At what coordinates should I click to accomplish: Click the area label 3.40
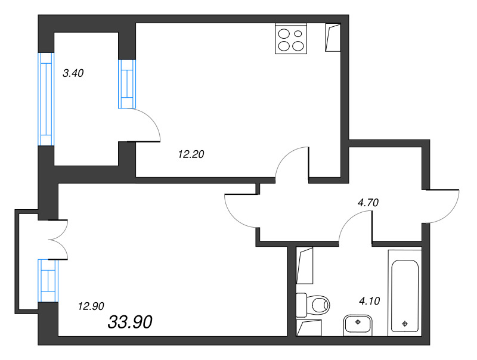[x=73, y=73]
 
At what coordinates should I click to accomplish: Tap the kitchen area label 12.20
[x=191, y=154]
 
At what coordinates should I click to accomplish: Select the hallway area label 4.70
[x=368, y=203]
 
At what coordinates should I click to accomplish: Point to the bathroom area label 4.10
[x=370, y=301]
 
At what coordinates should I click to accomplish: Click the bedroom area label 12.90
[x=91, y=306]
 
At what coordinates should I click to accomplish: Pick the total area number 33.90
[x=130, y=322]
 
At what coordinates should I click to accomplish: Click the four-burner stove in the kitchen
[x=291, y=39]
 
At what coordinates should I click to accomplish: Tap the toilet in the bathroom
[x=312, y=305]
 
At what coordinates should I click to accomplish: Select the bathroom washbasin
[x=358, y=325]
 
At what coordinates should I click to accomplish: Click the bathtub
[x=405, y=293]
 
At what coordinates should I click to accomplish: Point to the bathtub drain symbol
[x=405, y=324]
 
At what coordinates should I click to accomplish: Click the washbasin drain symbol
[x=358, y=322]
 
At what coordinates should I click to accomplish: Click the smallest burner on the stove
[x=299, y=34]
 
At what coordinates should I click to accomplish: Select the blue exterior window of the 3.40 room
[x=46, y=99]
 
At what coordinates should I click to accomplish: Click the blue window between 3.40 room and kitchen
[x=127, y=84]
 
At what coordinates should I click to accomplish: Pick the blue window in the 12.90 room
[x=48, y=280]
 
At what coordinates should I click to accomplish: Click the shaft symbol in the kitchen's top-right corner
[x=333, y=38]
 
